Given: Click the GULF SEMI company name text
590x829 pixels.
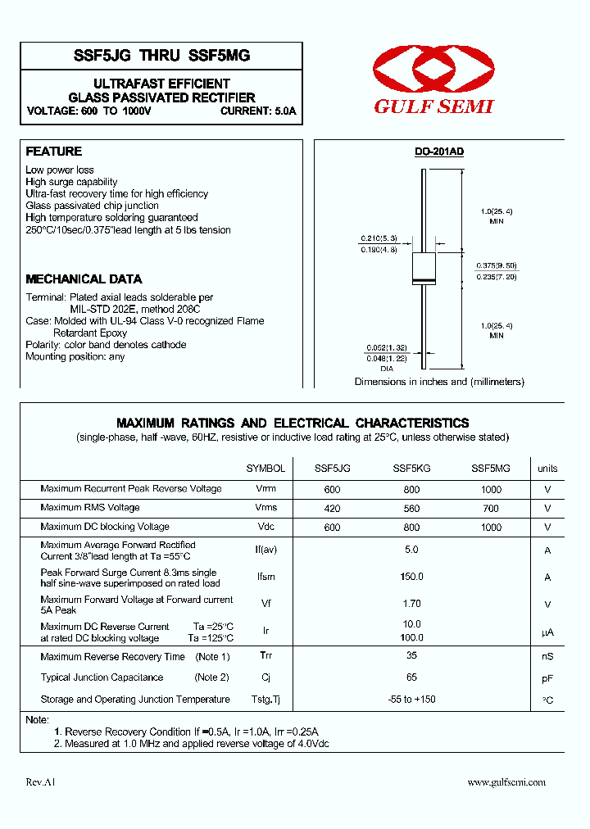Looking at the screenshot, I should point(433,106).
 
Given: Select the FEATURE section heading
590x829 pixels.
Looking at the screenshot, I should point(54,152).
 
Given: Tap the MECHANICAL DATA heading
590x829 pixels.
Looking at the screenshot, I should point(84,279).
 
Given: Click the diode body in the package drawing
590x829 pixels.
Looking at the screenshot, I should point(423,268).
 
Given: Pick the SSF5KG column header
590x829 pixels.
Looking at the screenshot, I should point(411,469).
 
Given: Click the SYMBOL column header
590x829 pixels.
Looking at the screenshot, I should point(265,469).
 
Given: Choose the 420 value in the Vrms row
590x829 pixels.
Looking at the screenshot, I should point(332,508).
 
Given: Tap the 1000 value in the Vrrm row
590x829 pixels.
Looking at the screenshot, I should point(491,489).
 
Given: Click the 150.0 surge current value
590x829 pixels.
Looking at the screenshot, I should point(411,577).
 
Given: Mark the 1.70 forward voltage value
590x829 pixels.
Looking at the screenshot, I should point(411,604).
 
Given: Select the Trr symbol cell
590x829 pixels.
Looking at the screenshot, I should point(265,656).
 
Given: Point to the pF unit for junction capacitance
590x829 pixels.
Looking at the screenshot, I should point(547,678).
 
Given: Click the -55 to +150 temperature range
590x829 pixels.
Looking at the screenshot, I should point(411,700).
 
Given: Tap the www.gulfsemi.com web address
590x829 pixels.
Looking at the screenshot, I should point(506,782).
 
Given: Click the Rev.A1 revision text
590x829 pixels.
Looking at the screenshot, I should point(40,782).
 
